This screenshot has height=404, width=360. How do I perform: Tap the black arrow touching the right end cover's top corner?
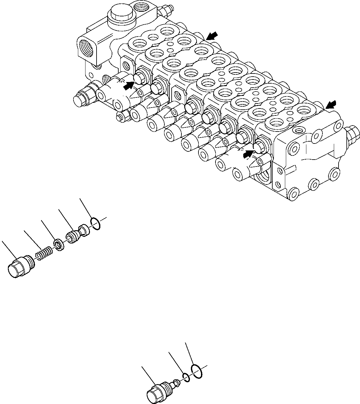pos(331,104)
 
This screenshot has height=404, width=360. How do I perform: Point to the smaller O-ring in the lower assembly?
pos(186,377)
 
